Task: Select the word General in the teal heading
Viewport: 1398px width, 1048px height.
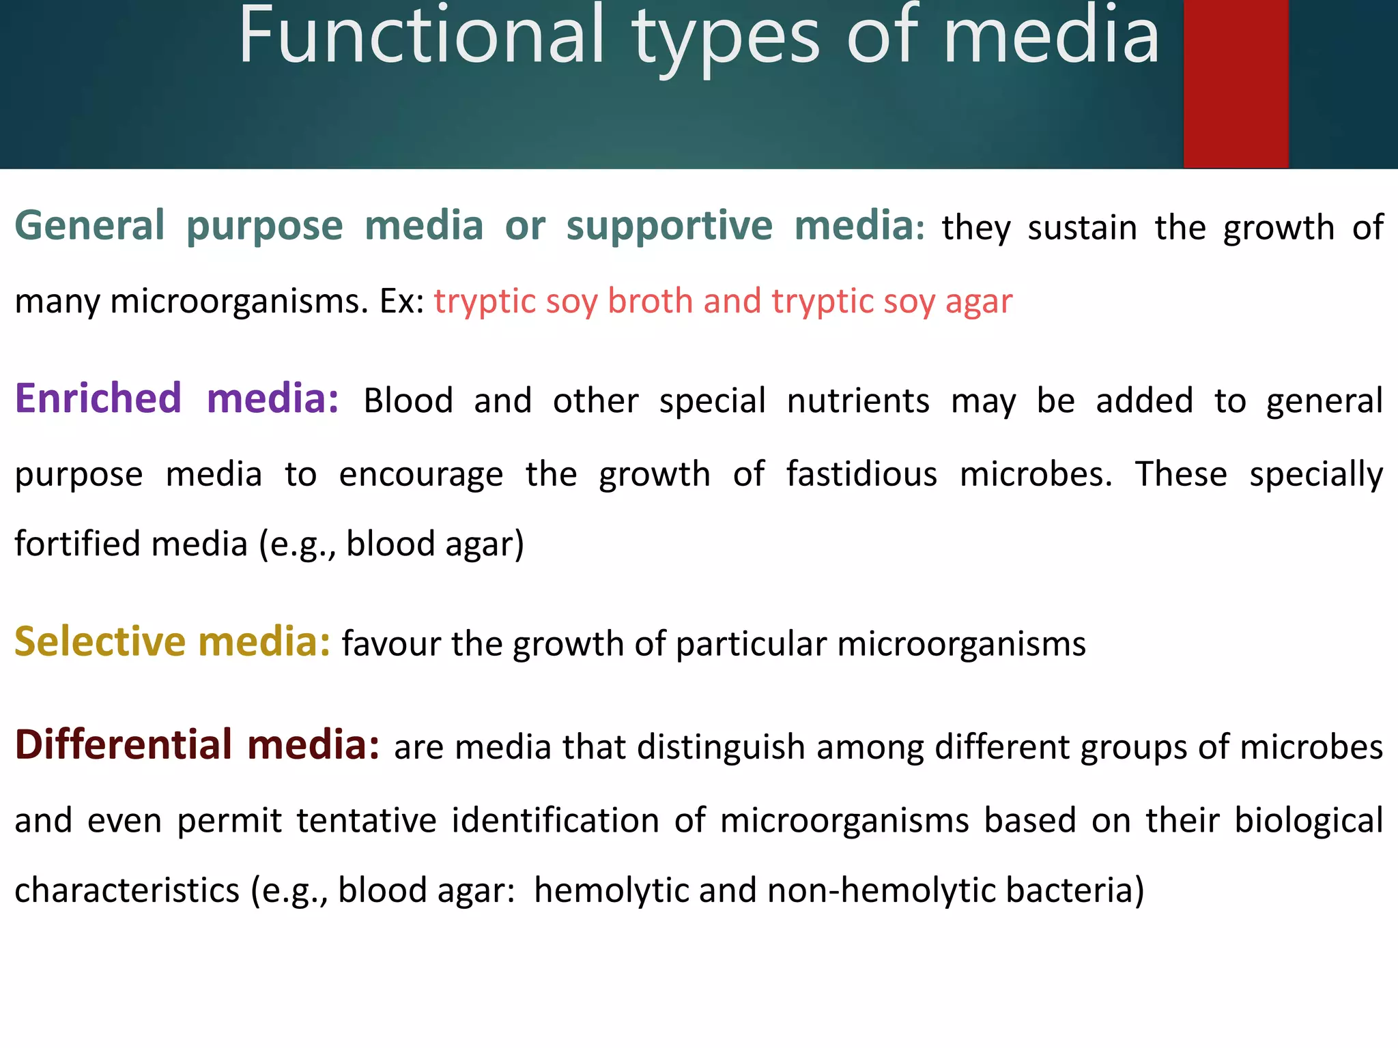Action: (89, 226)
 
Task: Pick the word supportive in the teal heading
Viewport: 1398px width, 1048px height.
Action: (669, 227)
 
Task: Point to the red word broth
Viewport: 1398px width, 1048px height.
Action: (650, 302)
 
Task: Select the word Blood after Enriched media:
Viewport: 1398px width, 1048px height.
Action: (408, 401)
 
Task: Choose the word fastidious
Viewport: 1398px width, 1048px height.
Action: (861, 474)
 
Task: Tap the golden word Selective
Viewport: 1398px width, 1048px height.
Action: (100, 642)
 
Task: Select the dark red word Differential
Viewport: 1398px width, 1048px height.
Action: (124, 744)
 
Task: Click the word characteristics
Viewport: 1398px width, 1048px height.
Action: (127, 890)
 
